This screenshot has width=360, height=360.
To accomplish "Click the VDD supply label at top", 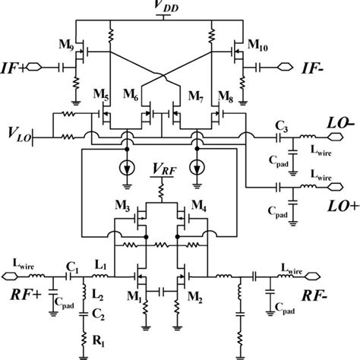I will click(182, 8).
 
